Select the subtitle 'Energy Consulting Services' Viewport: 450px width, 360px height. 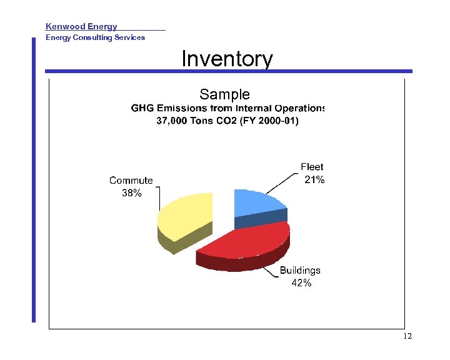tap(95, 37)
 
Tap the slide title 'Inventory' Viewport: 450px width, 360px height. tap(227, 59)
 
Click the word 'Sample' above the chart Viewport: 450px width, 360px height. tap(224, 94)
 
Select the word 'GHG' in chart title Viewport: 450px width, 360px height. tap(142, 109)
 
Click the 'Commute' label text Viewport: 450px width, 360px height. tap(131, 181)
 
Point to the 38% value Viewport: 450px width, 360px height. tap(131, 193)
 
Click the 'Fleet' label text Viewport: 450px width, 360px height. tap(312, 167)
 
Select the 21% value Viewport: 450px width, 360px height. tap(314, 180)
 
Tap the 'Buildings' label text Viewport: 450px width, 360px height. tap(300, 271)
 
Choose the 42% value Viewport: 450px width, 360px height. tap(301, 283)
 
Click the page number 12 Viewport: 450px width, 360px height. tap(407, 337)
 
